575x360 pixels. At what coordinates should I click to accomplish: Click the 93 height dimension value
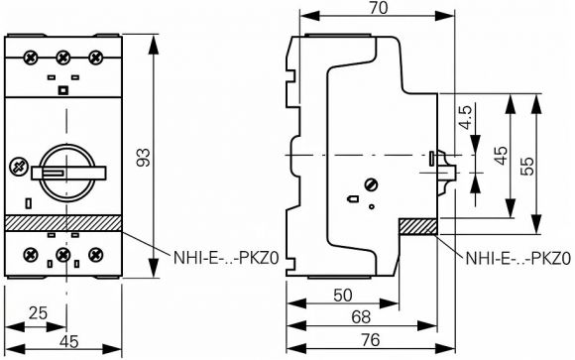(x=144, y=158)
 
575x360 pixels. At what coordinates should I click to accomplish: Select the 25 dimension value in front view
(x=38, y=313)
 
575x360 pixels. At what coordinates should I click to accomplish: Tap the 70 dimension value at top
(x=378, y=8)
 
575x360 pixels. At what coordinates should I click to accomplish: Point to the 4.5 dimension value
(x=465, y=117)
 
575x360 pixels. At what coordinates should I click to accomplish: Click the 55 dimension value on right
(x=527, y=167)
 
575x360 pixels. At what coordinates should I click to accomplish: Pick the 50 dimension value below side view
(x=343, y=296)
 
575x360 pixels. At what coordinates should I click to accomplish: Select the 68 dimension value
(x=361, y=316)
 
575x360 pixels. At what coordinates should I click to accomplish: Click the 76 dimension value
(x=371, y=340)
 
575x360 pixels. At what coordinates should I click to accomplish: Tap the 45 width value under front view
(x=69, y=341)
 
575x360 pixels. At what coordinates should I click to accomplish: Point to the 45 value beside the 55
(x=501, y=156)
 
